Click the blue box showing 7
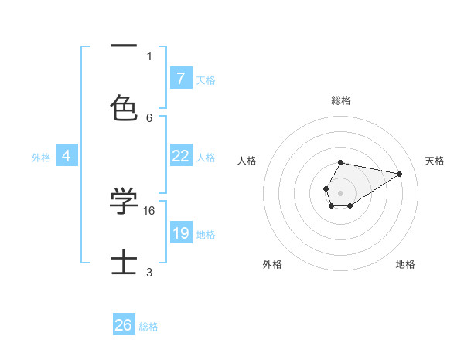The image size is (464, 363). pyautogui.click(x=180, y=78)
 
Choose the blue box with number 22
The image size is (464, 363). pyautogui.click(x=180, y=155)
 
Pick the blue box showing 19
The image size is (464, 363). pyautogui.click(x=180, y=232)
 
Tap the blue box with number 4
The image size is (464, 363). pyautogui.click(x=67, y=155)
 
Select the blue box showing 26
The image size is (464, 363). pyautogui.click(x=124, y=325)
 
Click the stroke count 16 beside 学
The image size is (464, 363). pyautogui.click(x=150, y=210)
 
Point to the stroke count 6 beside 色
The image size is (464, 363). pyautogui.click(x=149, y=117)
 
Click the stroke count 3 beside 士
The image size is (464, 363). pyautogui.click(x=149, y=272)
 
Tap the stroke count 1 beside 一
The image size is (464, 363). pyautogui.click(x=149, y=56)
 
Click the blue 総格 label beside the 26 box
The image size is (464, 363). pyautogui.click(x=148, y=327)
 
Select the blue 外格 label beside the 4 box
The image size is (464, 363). pyautogui.click(x=41, y=157)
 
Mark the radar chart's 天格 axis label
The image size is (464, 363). pyautogui.click(x=435, y=161)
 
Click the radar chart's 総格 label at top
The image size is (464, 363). pyautogui.click(x=341, y=100)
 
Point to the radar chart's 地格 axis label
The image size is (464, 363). pyautogui.click(x=405, y=264)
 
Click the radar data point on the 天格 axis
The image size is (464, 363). pyautogui.click(x=400, y=174)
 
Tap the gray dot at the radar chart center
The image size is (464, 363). pyautogui.click(x=340, y=192)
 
